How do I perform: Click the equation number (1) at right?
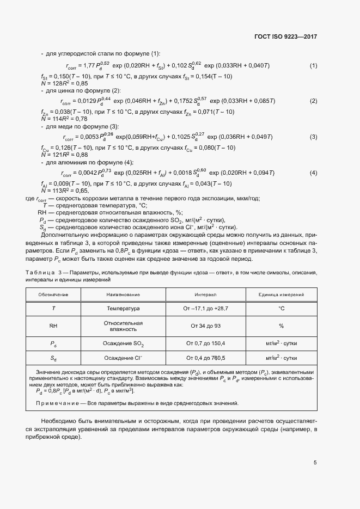(313, 66)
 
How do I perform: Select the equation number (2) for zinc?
(313, 101)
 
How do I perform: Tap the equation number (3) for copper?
(313, 137)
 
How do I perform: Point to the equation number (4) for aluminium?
(313, 173)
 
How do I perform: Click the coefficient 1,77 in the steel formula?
(89, 66)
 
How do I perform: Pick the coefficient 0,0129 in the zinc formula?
(86, 101)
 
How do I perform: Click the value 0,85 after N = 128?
(81, 84)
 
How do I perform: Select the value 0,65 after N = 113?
(81, 191)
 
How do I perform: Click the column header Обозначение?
(53, 295)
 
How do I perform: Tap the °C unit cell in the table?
(282, 309)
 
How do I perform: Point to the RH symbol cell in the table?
(53, 326)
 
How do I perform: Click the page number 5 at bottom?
(315, 463)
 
